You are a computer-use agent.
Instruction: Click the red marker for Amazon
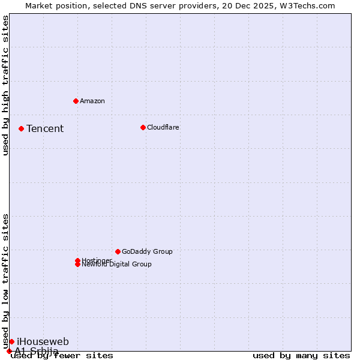(x=76, y=101)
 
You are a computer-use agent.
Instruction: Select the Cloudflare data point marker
(x=143, y=127)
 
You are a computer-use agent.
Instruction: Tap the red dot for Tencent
(x=21, y=128)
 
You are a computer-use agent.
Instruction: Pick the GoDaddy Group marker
(x=118, y=251)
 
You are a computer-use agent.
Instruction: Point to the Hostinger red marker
(x=77, y=260)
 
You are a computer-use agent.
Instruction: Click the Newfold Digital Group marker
(x=77, y=265)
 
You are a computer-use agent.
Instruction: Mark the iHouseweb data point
(x=11, y=341)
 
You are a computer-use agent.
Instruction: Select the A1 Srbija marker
(x=9, y=351)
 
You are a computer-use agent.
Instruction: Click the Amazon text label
(x=92, y=101)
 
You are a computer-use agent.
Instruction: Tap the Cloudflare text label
(x=163, y=127)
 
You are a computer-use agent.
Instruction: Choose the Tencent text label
(x=45, y=128)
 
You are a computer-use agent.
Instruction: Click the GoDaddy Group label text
(x=147, y=251)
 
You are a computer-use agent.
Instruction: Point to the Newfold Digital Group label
(x=116, y=265)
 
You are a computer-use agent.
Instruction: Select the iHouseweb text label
(x=43, y=341)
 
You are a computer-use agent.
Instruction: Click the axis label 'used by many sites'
(x=301, y=356)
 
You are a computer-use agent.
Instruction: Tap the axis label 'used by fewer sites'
(x=62, y=356)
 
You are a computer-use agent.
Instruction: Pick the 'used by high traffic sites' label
(x=6, y=85)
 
